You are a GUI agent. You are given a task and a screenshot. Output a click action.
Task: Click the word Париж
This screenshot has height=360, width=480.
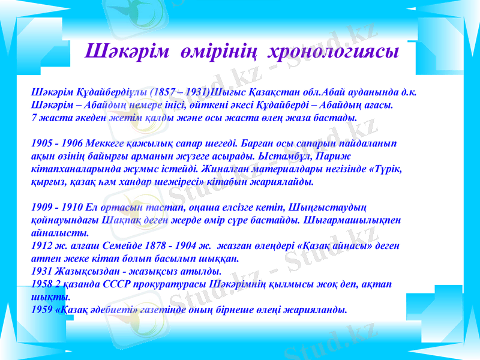click(x=340, y=156)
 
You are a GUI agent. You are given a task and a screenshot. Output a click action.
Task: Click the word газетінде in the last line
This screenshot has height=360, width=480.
click(x=173, y=309)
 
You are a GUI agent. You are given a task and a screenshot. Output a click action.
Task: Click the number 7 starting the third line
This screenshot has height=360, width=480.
click(x=34, y=118)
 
